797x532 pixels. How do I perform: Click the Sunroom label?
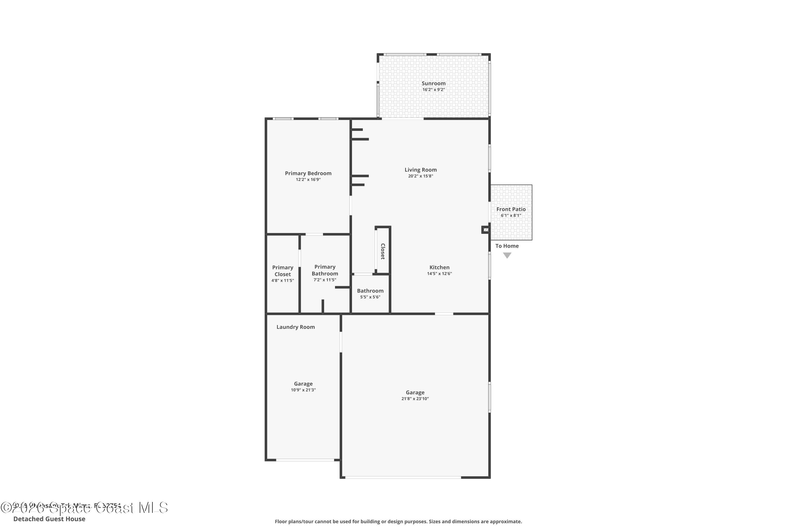tap(433, 84)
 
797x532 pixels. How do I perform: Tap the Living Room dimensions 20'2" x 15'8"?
tap(421, 176)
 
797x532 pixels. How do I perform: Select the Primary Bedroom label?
tap(308, 173)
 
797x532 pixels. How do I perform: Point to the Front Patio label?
tap(511, 209)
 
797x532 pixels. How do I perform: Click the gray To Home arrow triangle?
tap(507, 255)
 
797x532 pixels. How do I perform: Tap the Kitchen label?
tap(439, 267)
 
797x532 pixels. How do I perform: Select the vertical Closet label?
tap(383, 251)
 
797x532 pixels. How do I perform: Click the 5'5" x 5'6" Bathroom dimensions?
tap(370, 297)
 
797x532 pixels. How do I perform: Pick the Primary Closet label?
tap(283, 271)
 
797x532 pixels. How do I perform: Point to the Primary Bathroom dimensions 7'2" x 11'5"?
tap(325, 280)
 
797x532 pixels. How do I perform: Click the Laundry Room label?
tap(295, 327)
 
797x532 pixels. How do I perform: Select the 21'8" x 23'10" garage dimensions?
tap(415, 399)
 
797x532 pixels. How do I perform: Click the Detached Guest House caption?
tap(49, 519)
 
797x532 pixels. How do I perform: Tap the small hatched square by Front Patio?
tap(486, 230)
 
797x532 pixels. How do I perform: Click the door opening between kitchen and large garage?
tap(444, 314)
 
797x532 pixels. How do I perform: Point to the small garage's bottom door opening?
tap(305, 460)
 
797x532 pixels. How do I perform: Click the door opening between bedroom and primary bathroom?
tap(314, 234)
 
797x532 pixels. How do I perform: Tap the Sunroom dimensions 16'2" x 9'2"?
tap(433, 90)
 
